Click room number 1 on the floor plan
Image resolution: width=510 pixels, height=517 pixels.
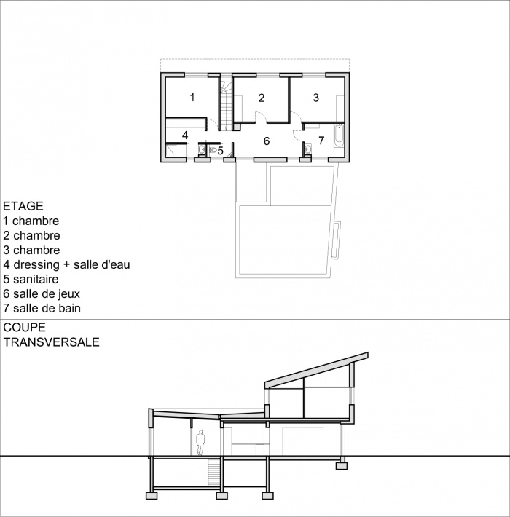pyautogui.click(x=192, y=97)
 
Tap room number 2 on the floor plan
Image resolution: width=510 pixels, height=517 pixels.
pyautogui.click(x=261, y=97)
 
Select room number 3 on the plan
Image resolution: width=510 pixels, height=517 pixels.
pyautogui.click(x=316, y=97)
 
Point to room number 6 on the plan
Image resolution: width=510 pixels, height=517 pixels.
pyautogui.click(x=267, y=141)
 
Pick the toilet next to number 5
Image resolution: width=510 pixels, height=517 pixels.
pyautogui.click(x=213, y=151)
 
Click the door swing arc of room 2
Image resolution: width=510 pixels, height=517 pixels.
pyautogui.click(x=259, y=117)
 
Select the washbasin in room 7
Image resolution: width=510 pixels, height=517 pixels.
pyautogui.click(x=308, y=151)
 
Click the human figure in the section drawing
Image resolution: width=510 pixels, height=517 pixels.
pyautogui.click(x=200, y=443)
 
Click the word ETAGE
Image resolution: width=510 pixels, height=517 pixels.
pyautogui.click(x=23, y=206)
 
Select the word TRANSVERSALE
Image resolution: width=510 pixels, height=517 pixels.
pyautogui.click(x=52, y=341)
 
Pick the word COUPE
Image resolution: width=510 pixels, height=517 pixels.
pyautogui.click(x=23, y=327)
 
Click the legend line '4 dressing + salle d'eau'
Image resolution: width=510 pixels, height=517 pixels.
pyautogui.click(x=66, y=264)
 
